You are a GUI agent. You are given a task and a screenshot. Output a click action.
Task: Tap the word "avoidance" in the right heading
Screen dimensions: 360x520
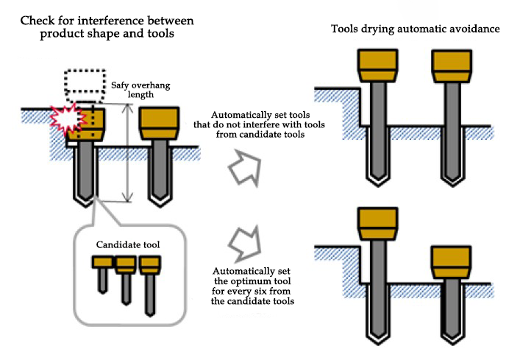474,29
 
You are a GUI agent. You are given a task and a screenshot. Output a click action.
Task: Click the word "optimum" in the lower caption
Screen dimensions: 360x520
260,282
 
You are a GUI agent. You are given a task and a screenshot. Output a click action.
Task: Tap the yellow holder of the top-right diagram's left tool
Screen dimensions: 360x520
377,66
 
